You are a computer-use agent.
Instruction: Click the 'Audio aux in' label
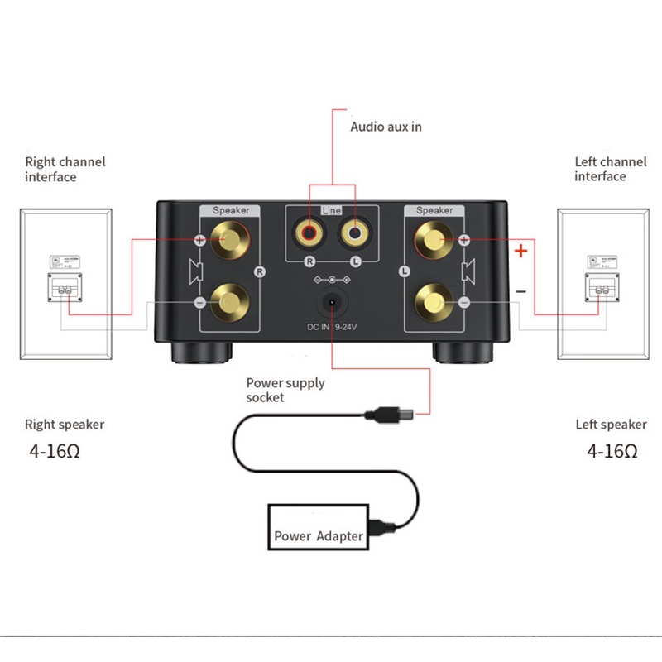pyautogui.click(x=386, y=127)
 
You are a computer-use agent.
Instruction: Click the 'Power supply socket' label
pyautogui.click(x=285, y=390)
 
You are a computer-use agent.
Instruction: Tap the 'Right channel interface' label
pyautogui.click(x=65, y=170)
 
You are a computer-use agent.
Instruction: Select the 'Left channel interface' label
pyautogui.click(x=611, y=170)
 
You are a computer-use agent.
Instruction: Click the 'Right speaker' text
pyautogui.click(x=65, y=425)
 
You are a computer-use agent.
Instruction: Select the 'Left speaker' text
pyautogui.click(x=611, y=425)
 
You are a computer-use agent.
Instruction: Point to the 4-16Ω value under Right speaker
pyautogui.click(x=56, y=452)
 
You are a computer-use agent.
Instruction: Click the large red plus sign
pyautogui.click(x=520, y=250)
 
